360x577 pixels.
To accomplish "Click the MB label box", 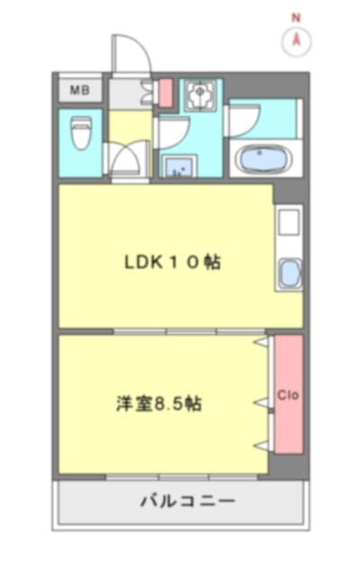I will (x=80, y=89).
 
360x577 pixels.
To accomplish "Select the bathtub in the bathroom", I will (x=263, y=160).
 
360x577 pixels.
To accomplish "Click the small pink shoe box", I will (x=165, y=92).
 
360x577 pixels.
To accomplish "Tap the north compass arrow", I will (x=296, y=41).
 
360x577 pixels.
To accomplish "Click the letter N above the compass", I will (x=296, y=16).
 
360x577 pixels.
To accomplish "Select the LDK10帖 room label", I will (x=172, y=263).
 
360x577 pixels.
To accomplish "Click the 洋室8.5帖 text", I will (x=159, y=404).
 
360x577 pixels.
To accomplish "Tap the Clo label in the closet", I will (x=289, y=395).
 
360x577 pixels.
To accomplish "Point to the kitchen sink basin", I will (x=289, y=273).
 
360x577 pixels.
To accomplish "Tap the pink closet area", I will (x=289, y=424).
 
